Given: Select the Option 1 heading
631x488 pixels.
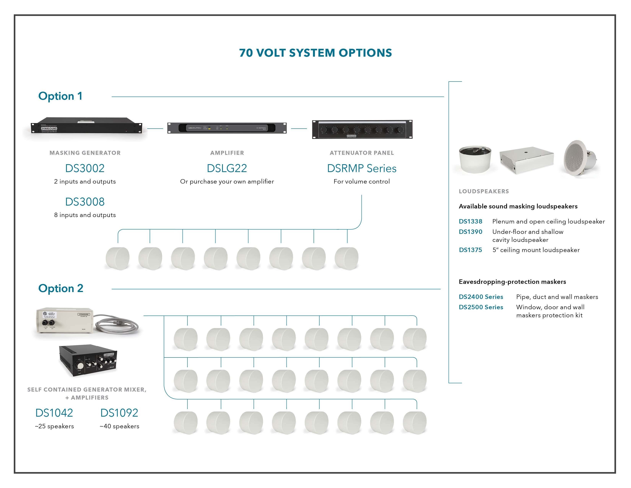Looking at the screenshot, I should pos(60,96).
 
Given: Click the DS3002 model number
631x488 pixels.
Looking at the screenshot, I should pos(85,168).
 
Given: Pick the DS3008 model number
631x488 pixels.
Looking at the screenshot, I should pos(85,202).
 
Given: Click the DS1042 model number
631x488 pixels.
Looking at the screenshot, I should pos(54,413).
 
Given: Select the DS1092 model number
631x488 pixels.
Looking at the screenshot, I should pos(119,413).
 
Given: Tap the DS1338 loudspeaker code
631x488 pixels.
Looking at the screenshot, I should pos(470,221).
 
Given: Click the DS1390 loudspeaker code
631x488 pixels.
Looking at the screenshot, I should pos(470,232).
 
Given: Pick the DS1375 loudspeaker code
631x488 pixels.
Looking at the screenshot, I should pos(470,250).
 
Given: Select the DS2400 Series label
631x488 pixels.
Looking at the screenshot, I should pos(481,297).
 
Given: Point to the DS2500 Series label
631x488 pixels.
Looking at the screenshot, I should pos(481,307).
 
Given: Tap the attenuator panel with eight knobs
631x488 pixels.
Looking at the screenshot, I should pos(362,130).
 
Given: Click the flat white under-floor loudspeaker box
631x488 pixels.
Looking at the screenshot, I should pos(526,160).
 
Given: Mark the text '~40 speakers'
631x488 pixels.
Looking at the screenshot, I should pos(119,426).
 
